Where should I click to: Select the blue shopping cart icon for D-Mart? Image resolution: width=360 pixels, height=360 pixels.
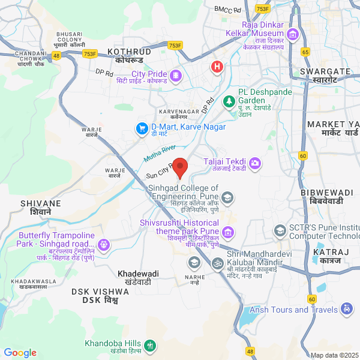[x=142, y=128]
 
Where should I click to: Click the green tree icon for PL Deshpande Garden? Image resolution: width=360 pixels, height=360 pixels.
[x=228, y=101]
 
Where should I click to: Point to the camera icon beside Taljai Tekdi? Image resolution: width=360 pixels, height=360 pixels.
[x=255, y=162]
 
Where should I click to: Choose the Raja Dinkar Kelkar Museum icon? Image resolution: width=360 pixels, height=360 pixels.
[x=293, y=34]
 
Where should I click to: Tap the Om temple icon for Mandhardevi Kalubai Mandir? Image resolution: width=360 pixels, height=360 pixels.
[x=217, y=263]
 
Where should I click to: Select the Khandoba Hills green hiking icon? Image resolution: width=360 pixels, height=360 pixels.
[x=149, y=346]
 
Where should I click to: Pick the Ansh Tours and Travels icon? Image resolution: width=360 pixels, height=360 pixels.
[x=346, y=309]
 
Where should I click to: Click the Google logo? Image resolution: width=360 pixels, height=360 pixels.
[x=20, y=353]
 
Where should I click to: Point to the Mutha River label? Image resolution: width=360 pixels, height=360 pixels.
[x=160, y=153]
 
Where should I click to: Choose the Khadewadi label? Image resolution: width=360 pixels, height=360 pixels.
[x=138, y=274]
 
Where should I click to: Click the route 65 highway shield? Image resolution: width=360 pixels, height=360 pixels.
[x=305, y=52]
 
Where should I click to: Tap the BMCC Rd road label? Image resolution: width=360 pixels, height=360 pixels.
[x=228, y=10]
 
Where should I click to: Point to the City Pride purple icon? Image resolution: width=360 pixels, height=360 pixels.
[x=175, y=75]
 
